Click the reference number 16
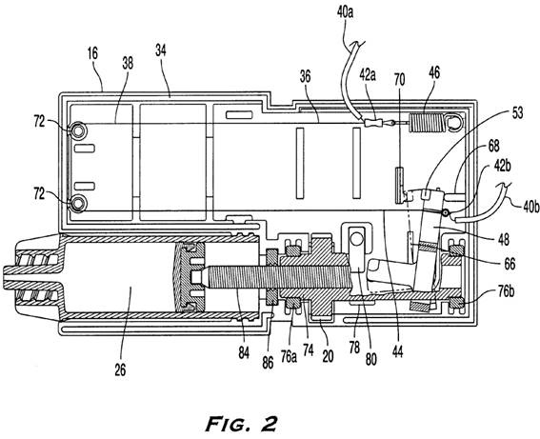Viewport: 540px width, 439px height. pyautogui.click(x=93, y=53)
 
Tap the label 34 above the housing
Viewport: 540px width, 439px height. pyautogui.click(x=161, y=50)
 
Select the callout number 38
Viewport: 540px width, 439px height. pyautogui.click(x=128, y=63)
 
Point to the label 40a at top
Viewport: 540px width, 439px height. pyautogui.click(x=346, y=12)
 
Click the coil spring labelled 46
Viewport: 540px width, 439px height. pyautogui.click(x=426, y=123)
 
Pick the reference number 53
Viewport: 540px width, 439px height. pyautogui.click(x=517, y=112)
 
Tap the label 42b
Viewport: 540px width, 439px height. pyautogui.click(x=502, y=166)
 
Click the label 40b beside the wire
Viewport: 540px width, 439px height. pyautogui.click(x=531, y=208)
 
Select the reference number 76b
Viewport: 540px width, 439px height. pyautogui.click(x=507, y=291)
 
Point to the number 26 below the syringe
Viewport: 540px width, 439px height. pyautogui.click(x=120, y=369)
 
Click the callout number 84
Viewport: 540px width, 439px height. pyautogui.click(x=244, y=352)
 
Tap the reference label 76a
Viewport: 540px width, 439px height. pyautogui.click(x=289, y=356)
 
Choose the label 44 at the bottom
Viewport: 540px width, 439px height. pyautogui.click(x=397, y=352)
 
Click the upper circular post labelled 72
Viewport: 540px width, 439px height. pyautogui.click(x=78, y=131)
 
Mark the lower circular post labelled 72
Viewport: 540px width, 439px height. pyautogui.click(x=78, y=202)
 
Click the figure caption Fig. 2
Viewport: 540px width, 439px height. pyautogui.click(x=242, y=423)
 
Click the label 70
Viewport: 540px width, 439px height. pyautogui.click(x=399, y=80)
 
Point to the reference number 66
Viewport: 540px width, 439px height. pyautogui.click(x=510, y=264)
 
